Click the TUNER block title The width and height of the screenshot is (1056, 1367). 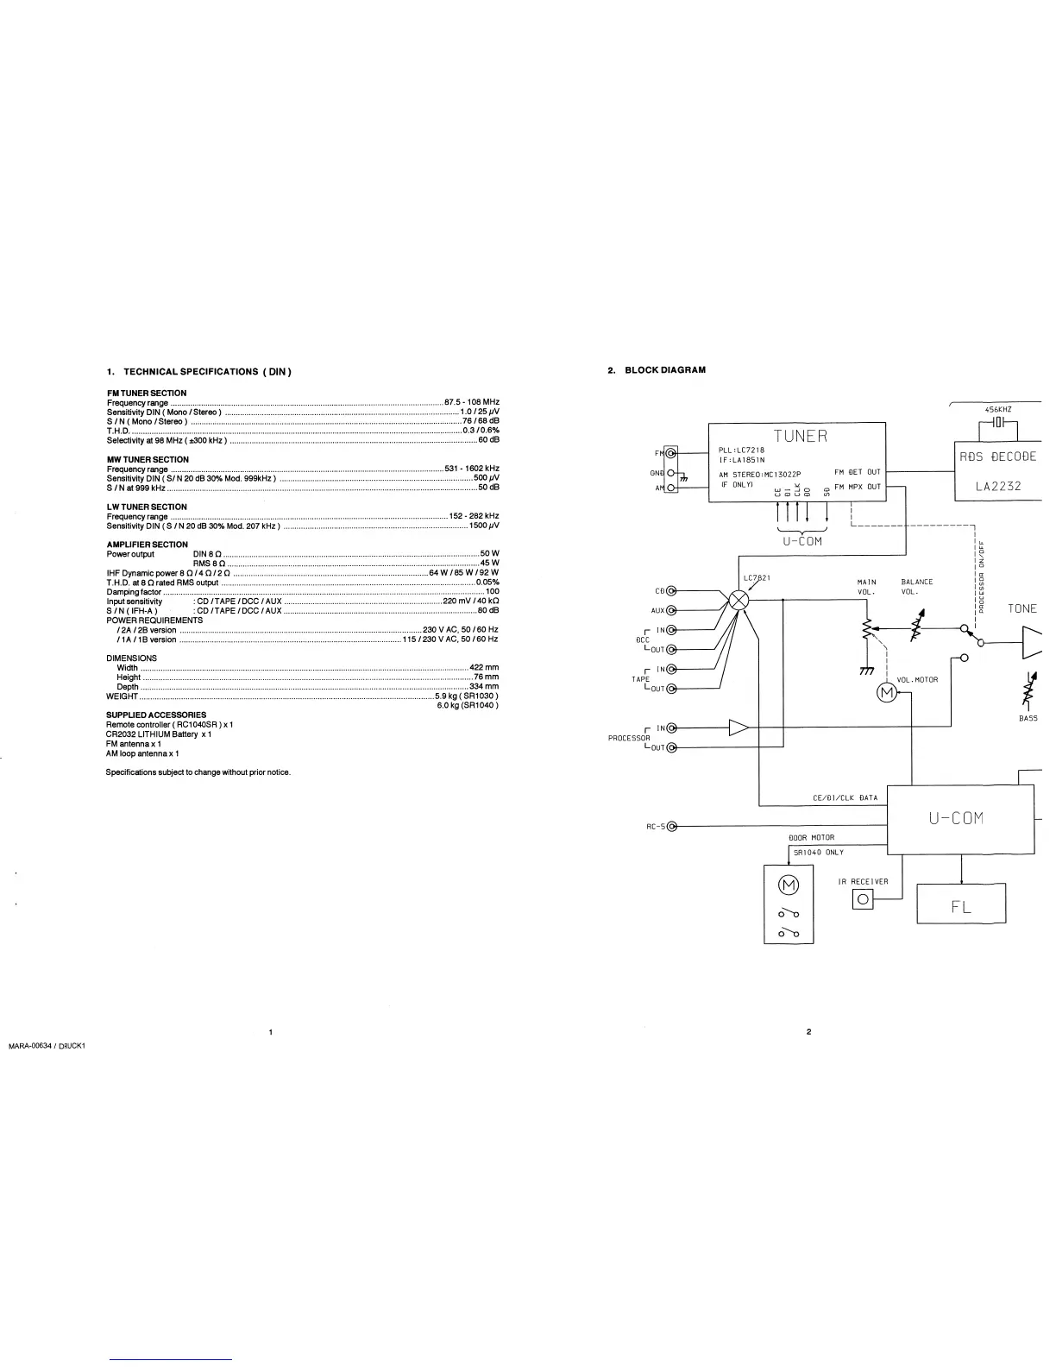click(x=800, y=436)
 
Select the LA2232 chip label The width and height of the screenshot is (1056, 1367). click(x=998, y=486)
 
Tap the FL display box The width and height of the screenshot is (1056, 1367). click(x=961, y=907)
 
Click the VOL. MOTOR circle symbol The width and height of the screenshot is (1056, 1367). click(x=887, y=693)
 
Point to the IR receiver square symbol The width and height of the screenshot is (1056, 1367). click(x=863, y=899)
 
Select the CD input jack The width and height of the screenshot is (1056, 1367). click(x=671, y=591)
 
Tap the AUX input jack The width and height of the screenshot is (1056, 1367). click(x=671, y=611)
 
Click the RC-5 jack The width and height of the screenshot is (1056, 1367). click(x=672, y=827)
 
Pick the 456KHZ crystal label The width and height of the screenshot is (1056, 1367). click(x=998, y=410)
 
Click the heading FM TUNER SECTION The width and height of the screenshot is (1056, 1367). click(x=146, y=393)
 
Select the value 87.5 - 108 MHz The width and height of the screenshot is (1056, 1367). click(x=471, y=402)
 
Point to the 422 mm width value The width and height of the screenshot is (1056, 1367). click(x=484, y=667)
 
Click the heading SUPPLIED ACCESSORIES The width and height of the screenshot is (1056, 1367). click(x=155, y=715)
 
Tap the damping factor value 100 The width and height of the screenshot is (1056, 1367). click(x=492, y=592)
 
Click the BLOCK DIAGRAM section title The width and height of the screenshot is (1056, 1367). click(x=664, y=370)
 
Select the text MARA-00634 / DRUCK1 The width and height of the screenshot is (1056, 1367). click(x=47, y=1047)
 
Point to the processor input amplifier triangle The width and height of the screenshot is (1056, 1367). click(x=739, y=728)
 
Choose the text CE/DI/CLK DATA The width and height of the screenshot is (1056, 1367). click(x=845, y=798)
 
